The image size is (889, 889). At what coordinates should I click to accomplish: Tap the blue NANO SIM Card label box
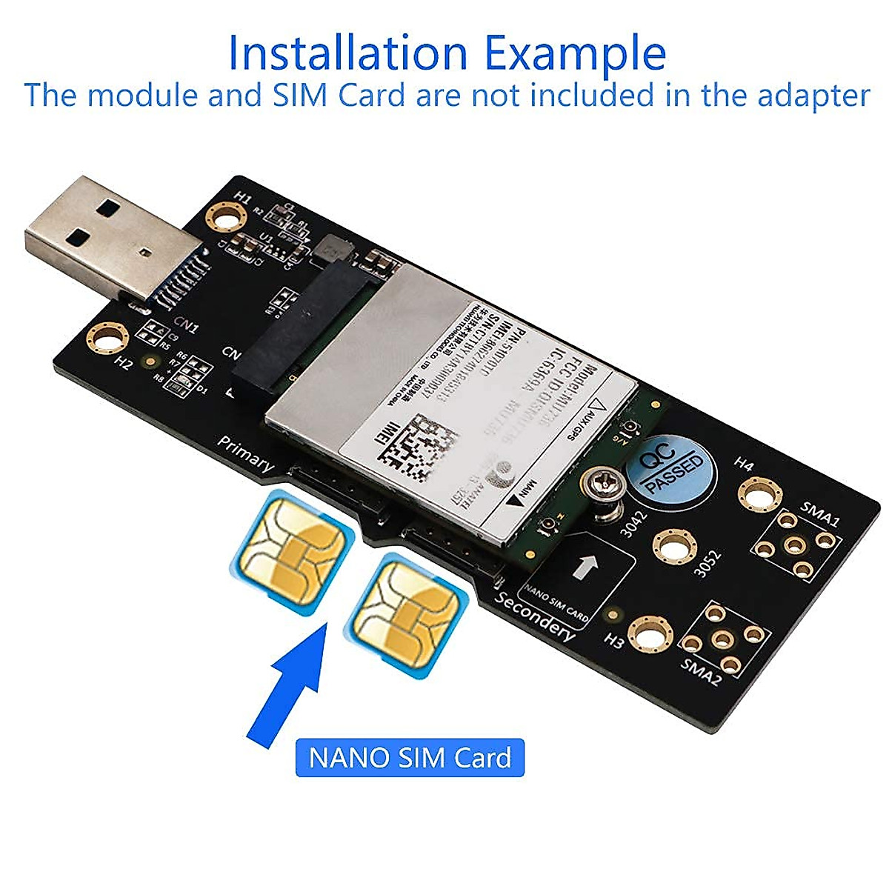click(410, 758)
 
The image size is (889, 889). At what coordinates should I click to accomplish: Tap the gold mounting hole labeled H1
click(227, 218)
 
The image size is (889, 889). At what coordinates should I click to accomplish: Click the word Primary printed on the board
click(245, 453)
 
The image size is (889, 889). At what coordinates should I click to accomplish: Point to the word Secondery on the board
click(536, 616)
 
